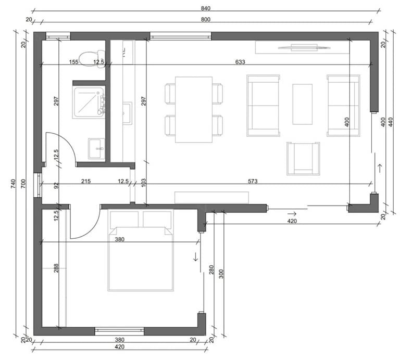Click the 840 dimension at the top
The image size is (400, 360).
coord(206,8)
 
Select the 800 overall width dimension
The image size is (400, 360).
coord(206,20)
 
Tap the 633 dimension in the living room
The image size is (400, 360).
coord(240,62)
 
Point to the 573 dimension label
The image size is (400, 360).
coord(253,181)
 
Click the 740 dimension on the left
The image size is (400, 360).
coord(13,184)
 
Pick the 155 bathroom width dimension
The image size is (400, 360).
coord(74,62)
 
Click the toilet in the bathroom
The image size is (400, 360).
coord(92,59)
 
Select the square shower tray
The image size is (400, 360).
coord(89,102)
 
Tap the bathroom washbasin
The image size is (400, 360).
coord(96,149)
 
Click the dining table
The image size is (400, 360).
coord(194,110)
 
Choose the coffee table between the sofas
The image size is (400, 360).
coord(302,104)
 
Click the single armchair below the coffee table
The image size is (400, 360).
coord(303,159)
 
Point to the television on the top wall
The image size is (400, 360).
coord(304,47)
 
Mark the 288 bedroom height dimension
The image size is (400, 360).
coord(56,268)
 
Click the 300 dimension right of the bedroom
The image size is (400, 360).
coord(221,274)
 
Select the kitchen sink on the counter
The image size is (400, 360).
coord(128,113)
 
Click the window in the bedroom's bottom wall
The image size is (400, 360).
coord(119,331)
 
